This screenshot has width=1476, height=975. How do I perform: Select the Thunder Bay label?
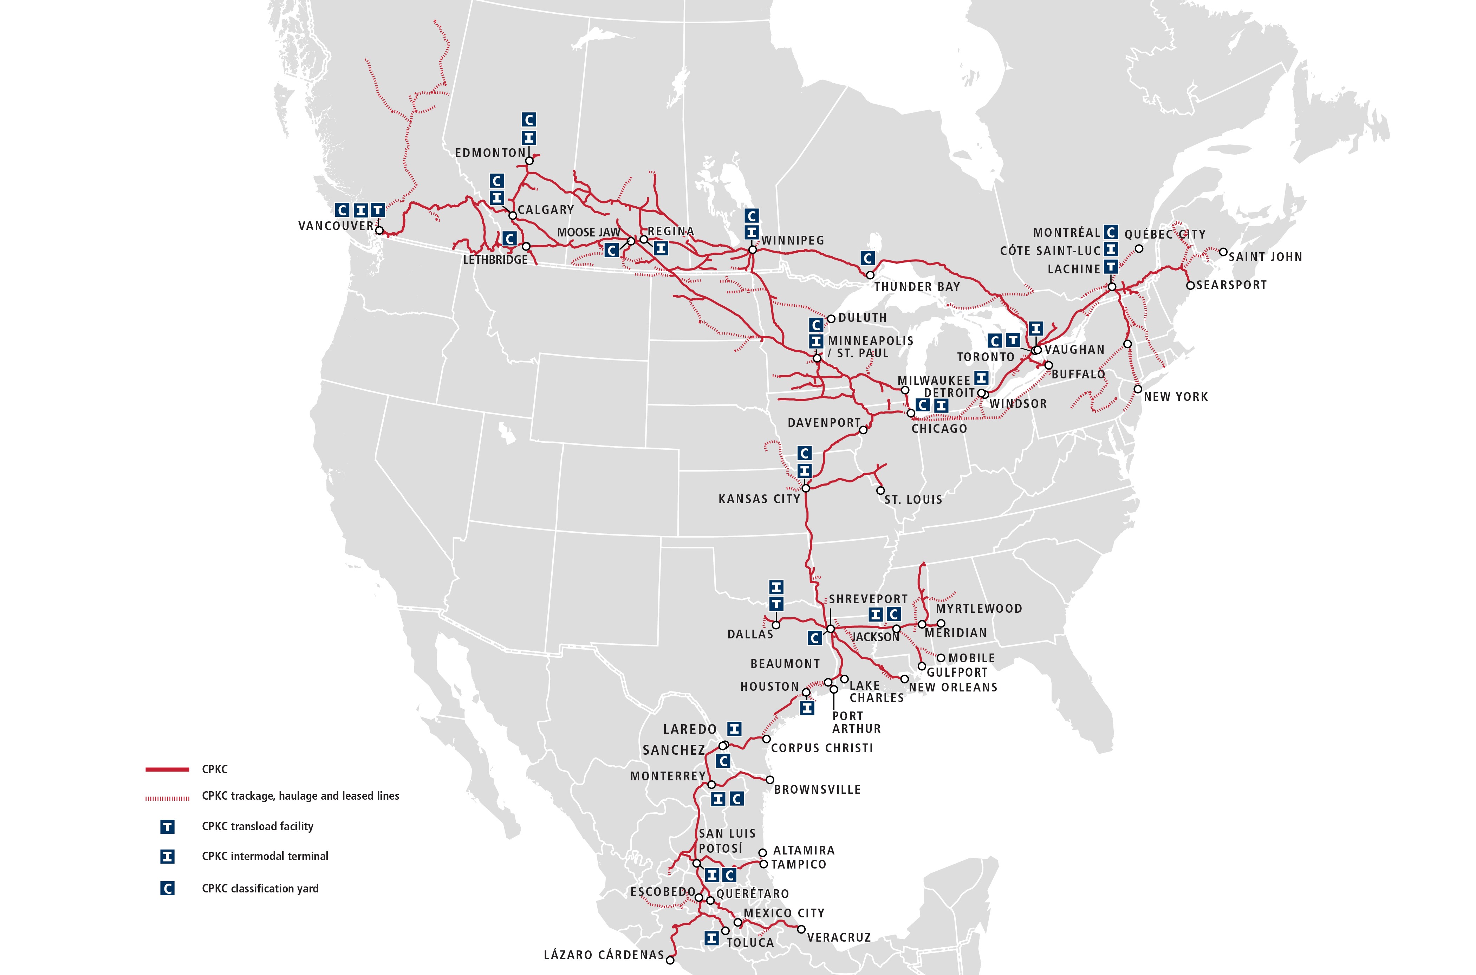click(917, 287)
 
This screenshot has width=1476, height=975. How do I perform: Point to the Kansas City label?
click(759, 499)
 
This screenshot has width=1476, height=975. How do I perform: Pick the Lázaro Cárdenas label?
click(604, 955)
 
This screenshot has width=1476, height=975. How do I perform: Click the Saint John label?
click(1265, 257)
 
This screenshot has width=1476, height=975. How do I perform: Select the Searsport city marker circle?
click(1190, 285)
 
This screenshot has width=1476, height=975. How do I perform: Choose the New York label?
click(1176, 397)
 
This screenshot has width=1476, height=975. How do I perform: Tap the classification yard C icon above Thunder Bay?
click(867, 258)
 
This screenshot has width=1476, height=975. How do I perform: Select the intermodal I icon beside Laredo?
click(734, 729)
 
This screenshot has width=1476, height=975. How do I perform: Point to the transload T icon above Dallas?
click(776, 604)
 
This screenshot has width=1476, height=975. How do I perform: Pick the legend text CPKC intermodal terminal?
click(265, 856)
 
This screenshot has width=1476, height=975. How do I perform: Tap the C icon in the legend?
click(167, 889)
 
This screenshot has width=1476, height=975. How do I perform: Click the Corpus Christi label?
click(822, 748)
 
